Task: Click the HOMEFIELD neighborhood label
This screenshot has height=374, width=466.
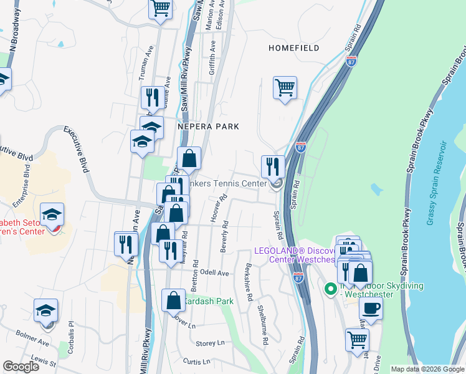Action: coord(293,48)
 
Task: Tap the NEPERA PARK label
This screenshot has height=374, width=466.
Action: coord(208,126)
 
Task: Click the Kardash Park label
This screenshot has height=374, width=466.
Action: coord(208,301)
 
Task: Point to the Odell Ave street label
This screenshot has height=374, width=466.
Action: coord(216,273)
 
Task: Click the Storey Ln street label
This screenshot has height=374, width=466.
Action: coord(210,343)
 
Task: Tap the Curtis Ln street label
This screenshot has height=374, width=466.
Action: coord(197,362)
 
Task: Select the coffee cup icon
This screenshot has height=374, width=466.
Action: coord(371,307)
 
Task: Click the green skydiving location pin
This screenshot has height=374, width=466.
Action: coord(330,290)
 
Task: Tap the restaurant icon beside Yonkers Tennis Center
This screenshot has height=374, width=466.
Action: coord(272,166)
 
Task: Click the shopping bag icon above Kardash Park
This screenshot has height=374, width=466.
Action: coord(173,300)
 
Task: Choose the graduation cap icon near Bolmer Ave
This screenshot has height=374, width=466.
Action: coord(45,310)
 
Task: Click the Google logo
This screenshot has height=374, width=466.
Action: coord(21,367)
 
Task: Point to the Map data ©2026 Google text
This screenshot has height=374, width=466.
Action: coord(427,369)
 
